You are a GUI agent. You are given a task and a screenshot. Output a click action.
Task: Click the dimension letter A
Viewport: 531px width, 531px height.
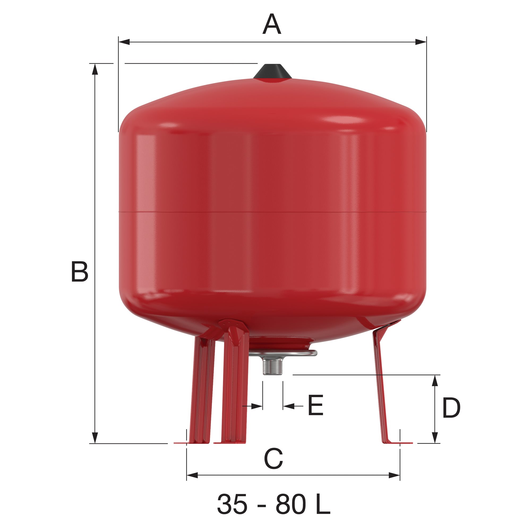[x=272, y=24]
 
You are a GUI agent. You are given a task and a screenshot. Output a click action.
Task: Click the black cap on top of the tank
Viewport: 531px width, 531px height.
[x=272, y=72]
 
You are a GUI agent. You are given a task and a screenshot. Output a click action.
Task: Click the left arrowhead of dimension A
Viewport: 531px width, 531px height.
[x=124, y=42]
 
